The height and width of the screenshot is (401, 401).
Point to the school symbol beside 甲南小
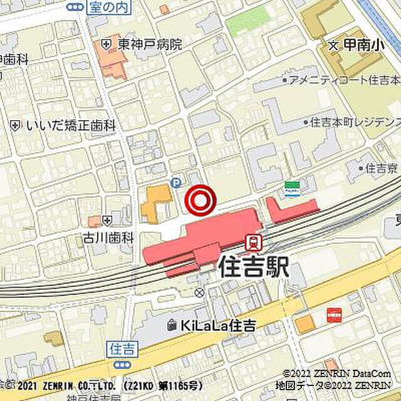[333, 45]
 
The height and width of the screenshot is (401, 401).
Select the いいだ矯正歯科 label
[71, 125]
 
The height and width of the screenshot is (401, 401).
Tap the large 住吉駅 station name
[254, 268]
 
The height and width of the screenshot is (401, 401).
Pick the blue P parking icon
[176, 183]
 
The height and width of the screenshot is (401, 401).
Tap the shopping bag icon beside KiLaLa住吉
[172, 325]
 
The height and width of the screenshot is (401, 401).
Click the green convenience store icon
[291, 188]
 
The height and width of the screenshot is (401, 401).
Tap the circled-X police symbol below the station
[199, 293]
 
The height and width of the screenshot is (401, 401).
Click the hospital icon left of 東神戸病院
[107, 44]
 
